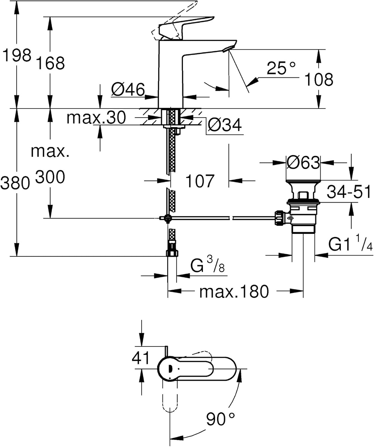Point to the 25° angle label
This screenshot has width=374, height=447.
(281, 68)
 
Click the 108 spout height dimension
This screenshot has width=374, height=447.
(319, 80)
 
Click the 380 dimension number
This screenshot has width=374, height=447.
(15, 183)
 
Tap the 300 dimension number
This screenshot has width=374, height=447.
(50, 177)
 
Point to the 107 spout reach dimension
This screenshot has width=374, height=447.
(200, 181)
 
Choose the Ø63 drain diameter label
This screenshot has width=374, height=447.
(303, 162)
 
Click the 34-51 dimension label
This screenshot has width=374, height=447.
(349, 192)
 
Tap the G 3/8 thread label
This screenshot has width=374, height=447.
(207, 265)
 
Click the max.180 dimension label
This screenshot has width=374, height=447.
(234, 291)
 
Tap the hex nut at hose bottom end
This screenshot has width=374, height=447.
(172, 253)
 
